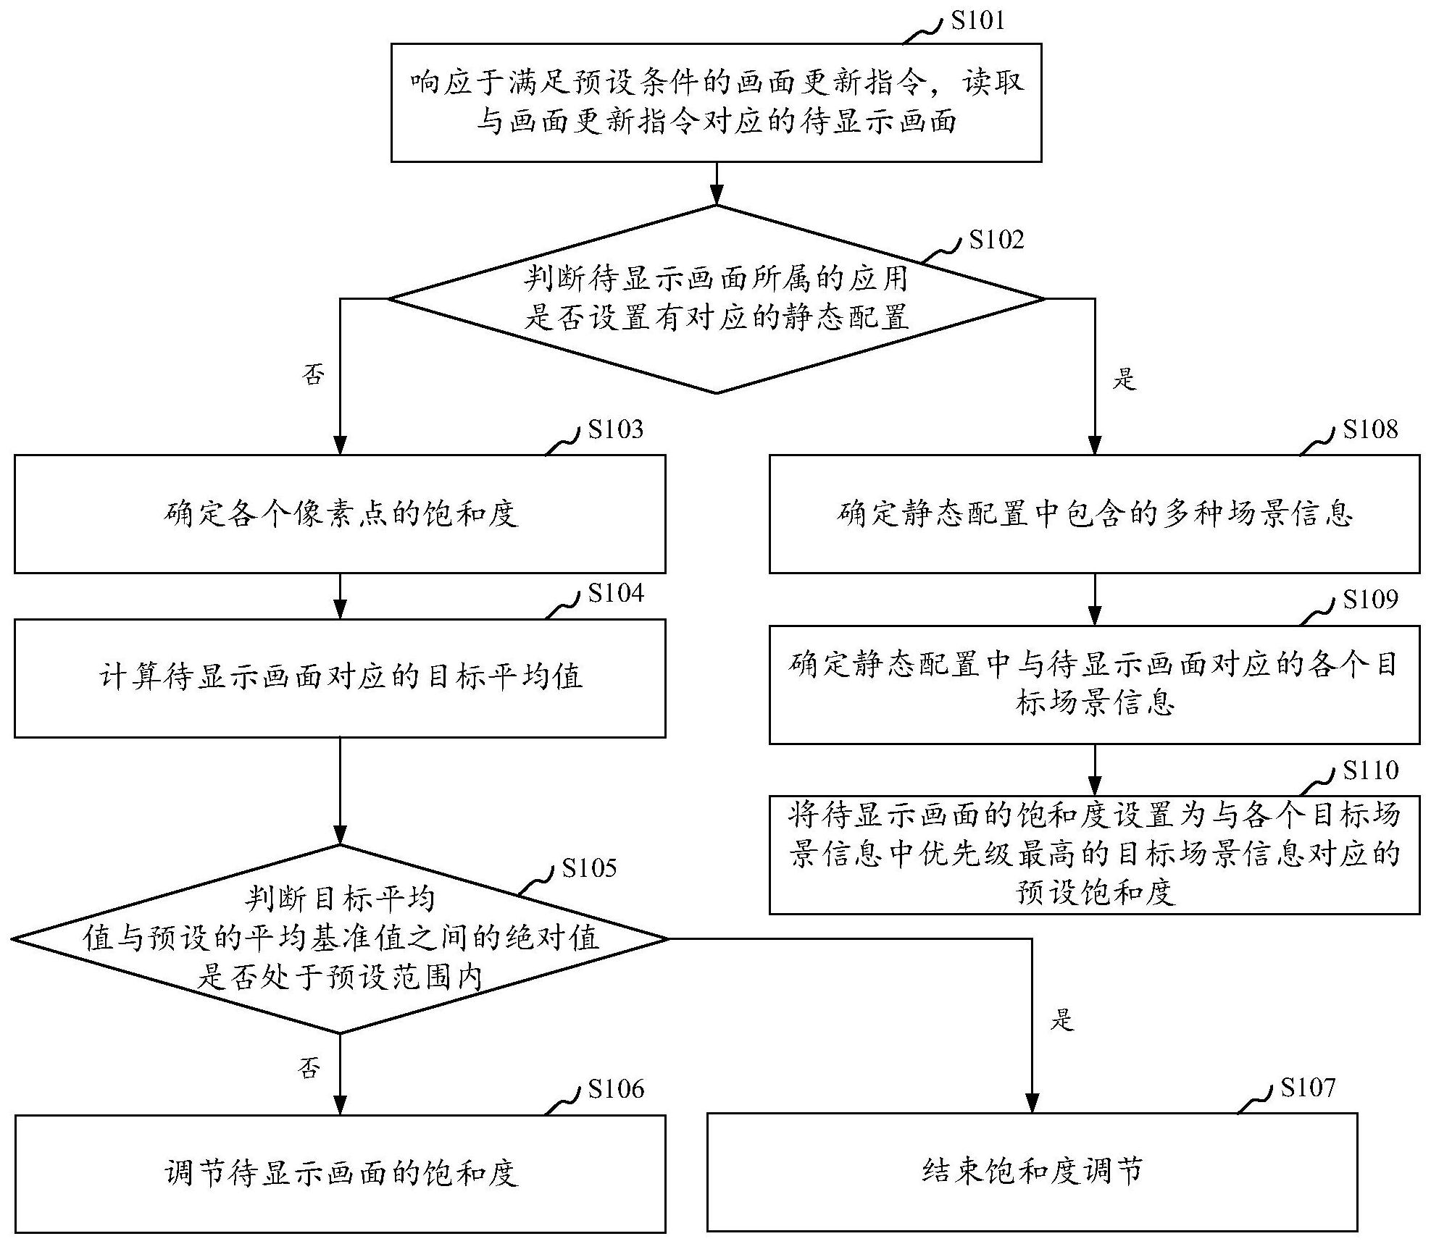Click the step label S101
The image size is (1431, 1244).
click(x=978, y=20)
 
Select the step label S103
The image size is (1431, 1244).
click(x=615, y=429)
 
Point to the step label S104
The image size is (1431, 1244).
click(x=615, y=594)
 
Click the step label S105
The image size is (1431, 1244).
click(x=589, y=867)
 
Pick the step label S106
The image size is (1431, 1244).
click(x=615, y=1089)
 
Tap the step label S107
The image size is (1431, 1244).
click(x=1307, y=1088)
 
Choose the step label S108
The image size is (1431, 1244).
click(x=1370, y=429)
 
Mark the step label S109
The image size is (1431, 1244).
click(x=1370, y=600)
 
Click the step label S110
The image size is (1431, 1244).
click(x=1370, y=770)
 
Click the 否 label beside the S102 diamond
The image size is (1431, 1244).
click(x=313, y=375)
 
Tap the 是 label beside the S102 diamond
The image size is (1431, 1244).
click(x=1124, y=379)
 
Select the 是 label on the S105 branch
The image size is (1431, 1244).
click(x=1061, y=1020)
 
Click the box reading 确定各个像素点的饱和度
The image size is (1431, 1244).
click(x=340, y=514)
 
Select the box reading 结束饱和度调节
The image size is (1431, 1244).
click(x=1032, y=1172)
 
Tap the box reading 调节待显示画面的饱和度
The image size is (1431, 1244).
click(x=340, y=1173)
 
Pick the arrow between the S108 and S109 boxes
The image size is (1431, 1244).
click(x=1094, y=600)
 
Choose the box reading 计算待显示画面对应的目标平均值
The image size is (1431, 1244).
click(x=340, y=678)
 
